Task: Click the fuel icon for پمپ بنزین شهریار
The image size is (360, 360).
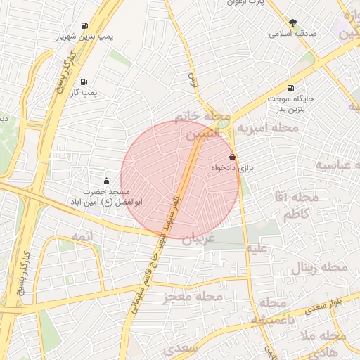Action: click(84, 22)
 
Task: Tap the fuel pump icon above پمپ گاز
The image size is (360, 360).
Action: click(84, 82)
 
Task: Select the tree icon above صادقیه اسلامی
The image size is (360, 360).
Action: click(292, 22)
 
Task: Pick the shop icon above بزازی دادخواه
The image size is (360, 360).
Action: click(232, 157)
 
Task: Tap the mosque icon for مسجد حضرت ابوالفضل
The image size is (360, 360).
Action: click(106, 181)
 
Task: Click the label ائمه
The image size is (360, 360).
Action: click(82, 236)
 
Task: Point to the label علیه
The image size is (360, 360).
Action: click(255, 248)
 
